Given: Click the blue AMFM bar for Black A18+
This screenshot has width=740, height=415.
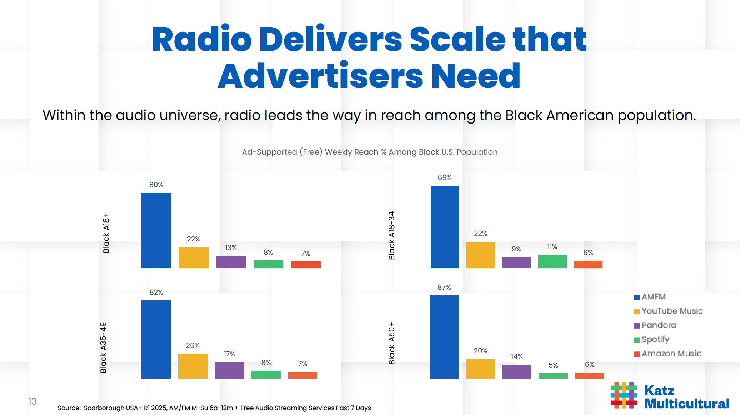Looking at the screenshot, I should coord(156,230).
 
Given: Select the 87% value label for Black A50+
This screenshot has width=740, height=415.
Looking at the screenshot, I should coord(444,287).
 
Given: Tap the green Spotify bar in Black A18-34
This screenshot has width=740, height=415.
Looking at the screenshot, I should coord(552,261).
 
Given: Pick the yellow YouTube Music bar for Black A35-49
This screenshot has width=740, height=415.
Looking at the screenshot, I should coord(192,366).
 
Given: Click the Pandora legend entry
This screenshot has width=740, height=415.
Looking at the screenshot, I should coord(659,325).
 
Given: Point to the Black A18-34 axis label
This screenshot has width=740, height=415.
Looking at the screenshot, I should coord(391,236).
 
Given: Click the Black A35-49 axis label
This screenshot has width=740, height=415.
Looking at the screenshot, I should coord(103,347).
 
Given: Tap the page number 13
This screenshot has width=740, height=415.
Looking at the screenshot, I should coord(32,401).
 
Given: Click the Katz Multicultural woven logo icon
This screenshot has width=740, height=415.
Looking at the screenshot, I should coord(624,395).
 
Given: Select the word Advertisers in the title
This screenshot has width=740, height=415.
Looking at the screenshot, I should coord(320,76).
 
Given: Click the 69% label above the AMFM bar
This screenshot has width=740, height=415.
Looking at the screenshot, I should coord(445,177).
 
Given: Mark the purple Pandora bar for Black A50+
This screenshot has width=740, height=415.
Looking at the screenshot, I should coord(516,371).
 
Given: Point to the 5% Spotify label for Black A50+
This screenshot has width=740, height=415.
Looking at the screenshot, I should coord(553,365).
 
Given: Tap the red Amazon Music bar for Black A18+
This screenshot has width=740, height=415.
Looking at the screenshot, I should coord(306,265).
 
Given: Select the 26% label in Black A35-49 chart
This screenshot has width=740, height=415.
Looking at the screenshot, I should coord(192,345).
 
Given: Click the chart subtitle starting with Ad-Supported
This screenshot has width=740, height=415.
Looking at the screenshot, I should coord(370,152).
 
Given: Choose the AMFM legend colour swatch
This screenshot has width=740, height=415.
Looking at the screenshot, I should coord(637,297).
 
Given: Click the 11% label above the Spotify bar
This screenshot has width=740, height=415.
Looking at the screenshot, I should coord(552,247).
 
